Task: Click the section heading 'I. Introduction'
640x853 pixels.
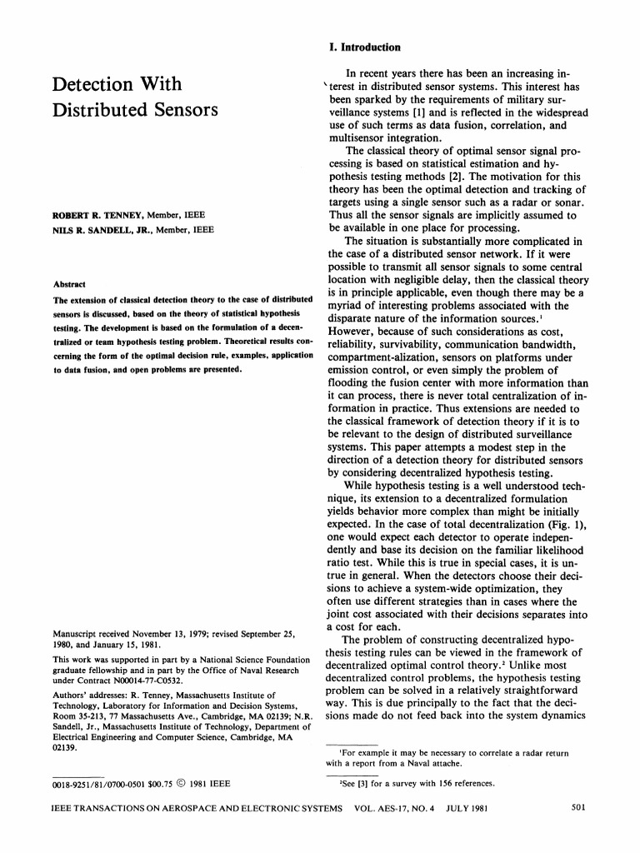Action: pyautogui.click(x=365, y=47)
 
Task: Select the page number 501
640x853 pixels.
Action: pyautogui.click(x=581, y=807)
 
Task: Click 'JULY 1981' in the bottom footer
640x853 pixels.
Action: pyautogui.click(x=467, y=808)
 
